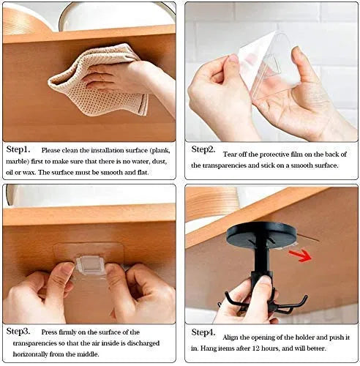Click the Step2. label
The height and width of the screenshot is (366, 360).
point(203,149)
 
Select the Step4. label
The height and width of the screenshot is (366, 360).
point(203,332)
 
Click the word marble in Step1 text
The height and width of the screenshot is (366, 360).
point(20,161)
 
